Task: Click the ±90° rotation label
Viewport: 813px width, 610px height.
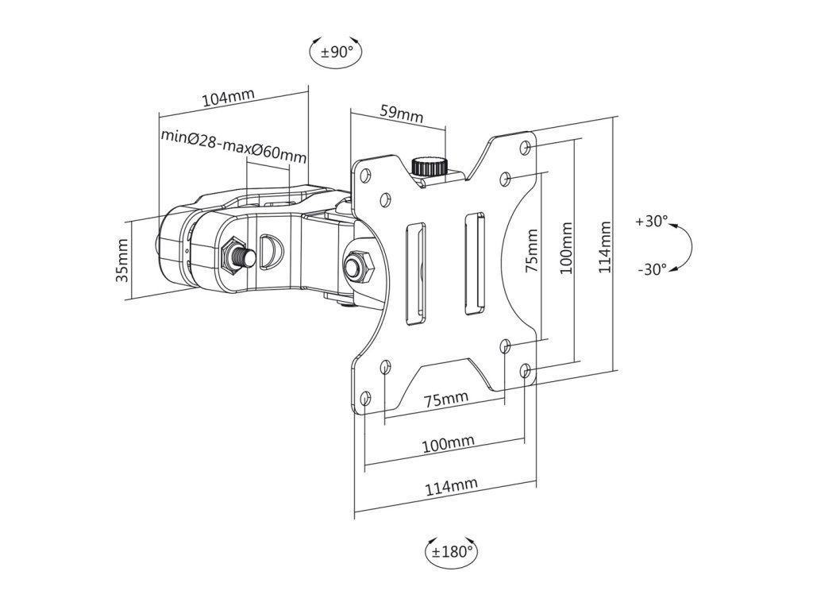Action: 337,52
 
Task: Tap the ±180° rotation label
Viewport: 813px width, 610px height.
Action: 452,551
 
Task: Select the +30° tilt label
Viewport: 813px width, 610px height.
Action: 652,222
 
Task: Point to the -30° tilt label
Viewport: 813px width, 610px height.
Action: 653,269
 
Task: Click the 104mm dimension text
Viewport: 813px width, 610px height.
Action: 228,98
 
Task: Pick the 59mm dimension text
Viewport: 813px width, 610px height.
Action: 402,114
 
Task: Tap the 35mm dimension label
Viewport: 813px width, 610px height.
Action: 121,260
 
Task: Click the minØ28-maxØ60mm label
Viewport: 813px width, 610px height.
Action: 233,145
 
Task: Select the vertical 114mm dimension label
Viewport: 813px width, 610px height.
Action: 605,247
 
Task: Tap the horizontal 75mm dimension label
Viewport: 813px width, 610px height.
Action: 446,400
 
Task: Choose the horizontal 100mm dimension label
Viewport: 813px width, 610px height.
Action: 449,444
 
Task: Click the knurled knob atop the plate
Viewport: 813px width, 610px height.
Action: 430,167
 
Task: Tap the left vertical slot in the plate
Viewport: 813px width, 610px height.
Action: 416,274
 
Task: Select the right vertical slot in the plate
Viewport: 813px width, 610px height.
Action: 475,263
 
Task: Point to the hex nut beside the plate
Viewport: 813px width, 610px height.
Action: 358,264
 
